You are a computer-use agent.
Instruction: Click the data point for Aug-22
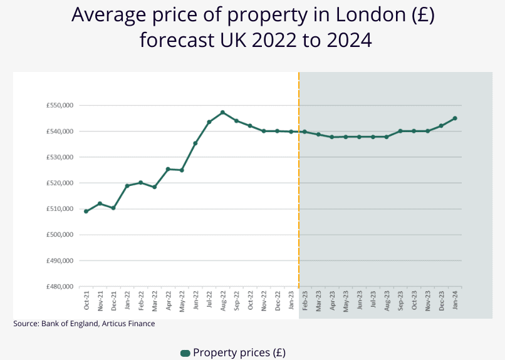pyautogui.click(x=222, y=113)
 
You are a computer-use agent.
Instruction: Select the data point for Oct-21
pyautogui.click(x=86, y=212)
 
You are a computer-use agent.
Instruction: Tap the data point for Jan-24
pyautogui.click(x=455, y=118)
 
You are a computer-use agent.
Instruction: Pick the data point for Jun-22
pyautogui.click(x=195, y=143)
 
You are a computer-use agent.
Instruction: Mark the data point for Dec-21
pyautogui.click(x=113, y=208)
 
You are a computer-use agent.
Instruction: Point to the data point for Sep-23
pyautogui.click(x=400, y=131)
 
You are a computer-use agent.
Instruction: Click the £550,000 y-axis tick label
pyautogui.click(x=60, y=106)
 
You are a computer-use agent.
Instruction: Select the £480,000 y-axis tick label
pyautogui.click(x=60, y=287)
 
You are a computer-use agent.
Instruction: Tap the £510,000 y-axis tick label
pyautogui.click(x=60, y=209)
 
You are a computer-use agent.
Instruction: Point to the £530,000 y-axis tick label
pyautogui.click(x=60, y=157)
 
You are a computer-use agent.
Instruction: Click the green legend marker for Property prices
pyautogui.click(x=185, y=353)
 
